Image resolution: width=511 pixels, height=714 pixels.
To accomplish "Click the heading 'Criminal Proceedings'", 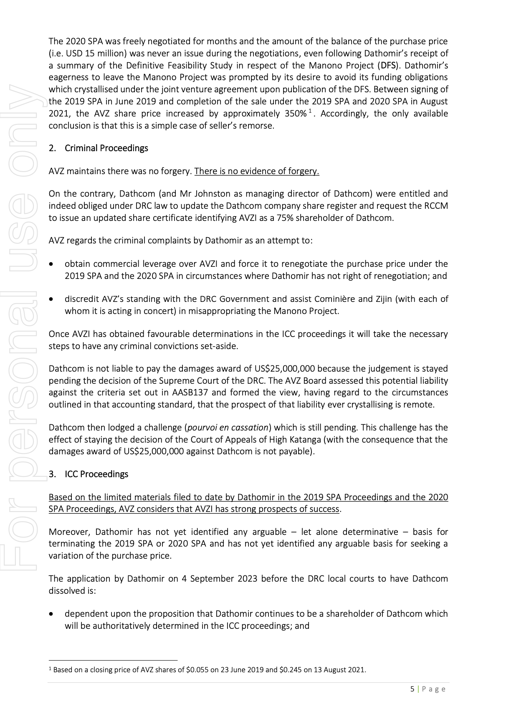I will (x=106, y=148).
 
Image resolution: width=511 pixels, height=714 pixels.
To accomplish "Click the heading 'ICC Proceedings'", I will (x=96, y=474).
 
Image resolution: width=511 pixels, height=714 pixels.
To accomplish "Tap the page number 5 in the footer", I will (x=412, y=689).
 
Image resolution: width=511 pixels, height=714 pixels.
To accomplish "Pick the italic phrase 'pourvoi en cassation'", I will (x=228, y=428).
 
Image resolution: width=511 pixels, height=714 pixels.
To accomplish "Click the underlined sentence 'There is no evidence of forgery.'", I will (x=256, y=171).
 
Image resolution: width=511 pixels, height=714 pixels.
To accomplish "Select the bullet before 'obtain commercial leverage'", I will (x=51, y=264).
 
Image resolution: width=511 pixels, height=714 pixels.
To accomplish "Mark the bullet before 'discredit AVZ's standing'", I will (x=51, y=299).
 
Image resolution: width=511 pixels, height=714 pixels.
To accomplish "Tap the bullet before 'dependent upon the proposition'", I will (x=51, y=614).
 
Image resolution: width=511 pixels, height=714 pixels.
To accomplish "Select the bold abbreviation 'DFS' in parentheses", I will (x=388, y=66).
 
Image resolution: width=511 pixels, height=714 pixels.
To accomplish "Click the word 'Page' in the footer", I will (x=434, y=689).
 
